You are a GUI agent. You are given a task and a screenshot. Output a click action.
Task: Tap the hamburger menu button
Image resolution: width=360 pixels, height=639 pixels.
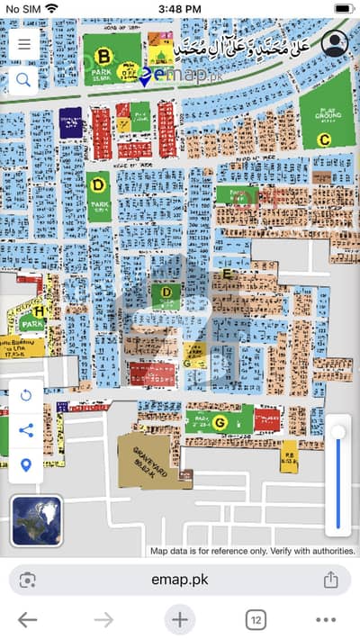point(22,43)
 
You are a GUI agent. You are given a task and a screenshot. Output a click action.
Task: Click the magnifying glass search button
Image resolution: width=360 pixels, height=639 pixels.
point(22,80)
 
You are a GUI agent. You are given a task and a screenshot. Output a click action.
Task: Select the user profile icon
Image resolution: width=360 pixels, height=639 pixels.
point(335,44)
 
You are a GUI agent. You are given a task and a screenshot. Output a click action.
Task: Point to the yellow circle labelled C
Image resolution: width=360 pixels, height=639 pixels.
point(324,139)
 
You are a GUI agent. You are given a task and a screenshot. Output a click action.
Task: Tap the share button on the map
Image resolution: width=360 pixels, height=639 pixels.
point(25,430)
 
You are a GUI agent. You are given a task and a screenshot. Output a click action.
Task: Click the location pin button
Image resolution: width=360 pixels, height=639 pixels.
point(25,464)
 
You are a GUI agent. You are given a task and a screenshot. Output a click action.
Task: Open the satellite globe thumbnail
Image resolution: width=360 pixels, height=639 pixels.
point(37,522)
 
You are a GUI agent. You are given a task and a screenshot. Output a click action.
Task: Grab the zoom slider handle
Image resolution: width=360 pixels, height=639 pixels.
point(338,433)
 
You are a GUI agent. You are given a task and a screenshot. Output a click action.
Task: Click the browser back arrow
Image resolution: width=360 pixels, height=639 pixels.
point(27,619)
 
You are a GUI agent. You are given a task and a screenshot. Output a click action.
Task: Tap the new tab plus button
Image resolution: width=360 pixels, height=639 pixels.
point(180,619)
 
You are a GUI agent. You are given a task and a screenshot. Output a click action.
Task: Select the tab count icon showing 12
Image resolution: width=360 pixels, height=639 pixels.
point(256,619)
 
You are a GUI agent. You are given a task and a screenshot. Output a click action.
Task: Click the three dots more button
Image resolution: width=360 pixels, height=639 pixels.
point(326,619)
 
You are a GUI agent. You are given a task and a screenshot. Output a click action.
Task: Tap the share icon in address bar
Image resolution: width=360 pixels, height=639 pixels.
point(330,580)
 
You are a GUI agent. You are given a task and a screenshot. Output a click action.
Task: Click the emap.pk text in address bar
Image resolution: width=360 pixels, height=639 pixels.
point(179,580)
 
